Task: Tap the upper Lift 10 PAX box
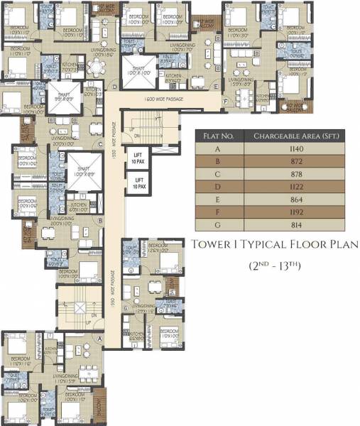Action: pos(138,159)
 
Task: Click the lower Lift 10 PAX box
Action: pos(138,185)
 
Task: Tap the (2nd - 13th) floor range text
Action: pos(275,266)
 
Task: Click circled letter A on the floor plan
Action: pos(99,339)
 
